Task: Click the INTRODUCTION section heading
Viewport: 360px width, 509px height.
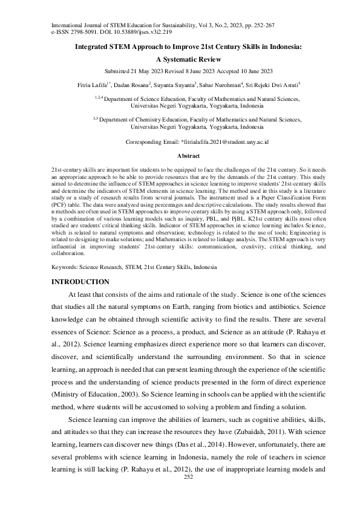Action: (80, 282)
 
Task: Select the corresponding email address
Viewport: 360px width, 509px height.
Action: (224, 141)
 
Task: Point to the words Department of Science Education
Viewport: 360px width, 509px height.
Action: (139, 97)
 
